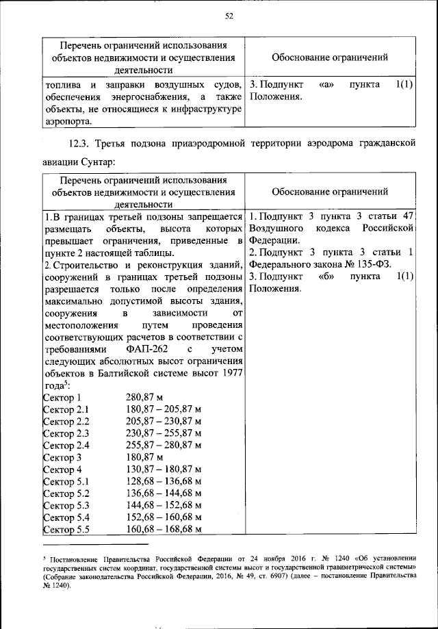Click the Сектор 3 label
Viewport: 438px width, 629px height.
pos(62,457)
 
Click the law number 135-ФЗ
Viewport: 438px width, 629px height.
pos(368,264)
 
